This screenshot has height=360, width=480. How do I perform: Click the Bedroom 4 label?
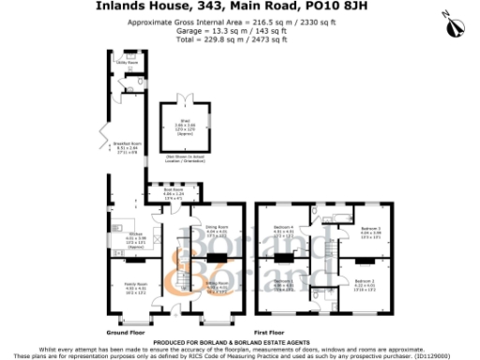click(x=284, y=230)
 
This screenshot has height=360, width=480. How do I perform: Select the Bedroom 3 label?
click(x=369, y=228)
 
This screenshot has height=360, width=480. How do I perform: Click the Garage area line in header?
click(x=239, y=31)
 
